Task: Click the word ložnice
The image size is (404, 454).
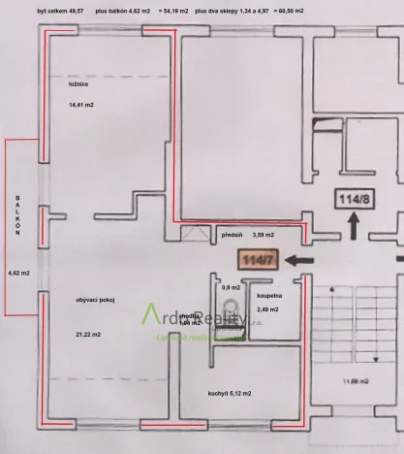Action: click(79, 84)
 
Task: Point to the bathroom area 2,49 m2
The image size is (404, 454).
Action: click(266, 308)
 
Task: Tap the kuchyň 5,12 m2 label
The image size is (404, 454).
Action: click(230, 393)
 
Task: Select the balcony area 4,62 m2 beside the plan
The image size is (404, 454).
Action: click(19, 273)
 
